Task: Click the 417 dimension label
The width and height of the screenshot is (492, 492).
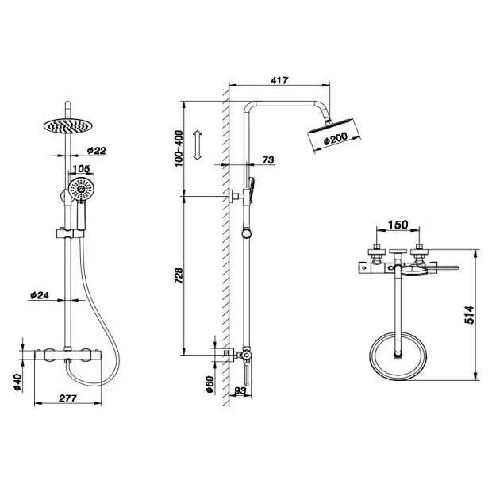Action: coord(278,80)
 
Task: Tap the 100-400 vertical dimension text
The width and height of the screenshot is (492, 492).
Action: coord(179,148)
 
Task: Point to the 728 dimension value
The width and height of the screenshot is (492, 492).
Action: coord(179,275)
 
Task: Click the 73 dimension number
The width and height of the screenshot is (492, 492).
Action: coord(267,160)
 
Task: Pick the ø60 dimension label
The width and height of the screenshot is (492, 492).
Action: coord(209,383)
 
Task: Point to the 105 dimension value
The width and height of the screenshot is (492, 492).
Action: coord(81,169)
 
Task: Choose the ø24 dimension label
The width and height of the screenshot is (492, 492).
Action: coord(40,295)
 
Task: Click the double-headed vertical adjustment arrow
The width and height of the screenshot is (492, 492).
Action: coord(199,146)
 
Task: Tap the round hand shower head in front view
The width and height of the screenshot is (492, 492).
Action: coord(80,189)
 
